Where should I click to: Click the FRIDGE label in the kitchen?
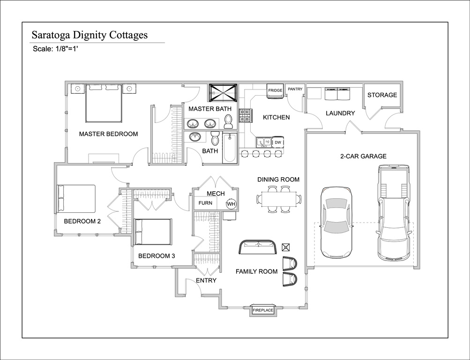tap(275, 90)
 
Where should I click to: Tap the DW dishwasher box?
tap(278, 142)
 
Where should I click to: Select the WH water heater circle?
tap(231, 204)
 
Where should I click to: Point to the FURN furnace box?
tap(205, 203)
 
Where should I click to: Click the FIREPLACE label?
tap(263, 310)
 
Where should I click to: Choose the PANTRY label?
tap(295, 89)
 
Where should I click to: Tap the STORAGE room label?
tap(382, 95)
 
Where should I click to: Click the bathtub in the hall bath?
tap(230, 148)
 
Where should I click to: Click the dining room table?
tap(279, 199)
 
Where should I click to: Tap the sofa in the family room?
tap(257, 247)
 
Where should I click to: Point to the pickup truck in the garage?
tap(393, 212)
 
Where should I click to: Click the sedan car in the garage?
tap(336, 222)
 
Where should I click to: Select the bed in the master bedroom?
tap(104, 104)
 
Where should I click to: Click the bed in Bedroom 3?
tap(153, 232)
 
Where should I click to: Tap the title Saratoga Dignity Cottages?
tap(90, 35)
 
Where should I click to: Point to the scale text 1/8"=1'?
tap(67, 49)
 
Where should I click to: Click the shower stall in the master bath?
tap(223, 93)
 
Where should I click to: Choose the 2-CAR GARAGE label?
tap(363, 156)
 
